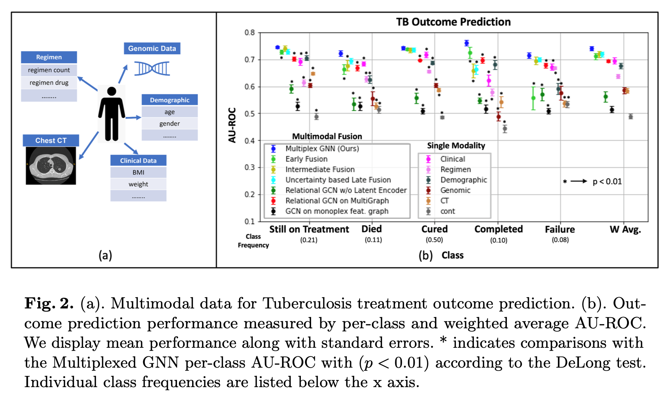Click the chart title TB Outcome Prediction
[x=453, y=22]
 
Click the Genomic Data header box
[x=152, y=49]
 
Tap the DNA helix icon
[x=152, y=68]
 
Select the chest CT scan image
[x=51, y=165]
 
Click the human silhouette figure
[x=112, y=114]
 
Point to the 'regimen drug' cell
[x=49, y=83]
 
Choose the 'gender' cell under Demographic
[x=169, y=124]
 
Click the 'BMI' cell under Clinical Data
[x=138, y=172]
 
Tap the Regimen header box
[x=49, y=57]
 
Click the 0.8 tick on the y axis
[x=250, y=33]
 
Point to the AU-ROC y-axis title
[x=232, y=125]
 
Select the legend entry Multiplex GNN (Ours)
[x=322, y=149]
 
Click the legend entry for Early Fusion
[x=306, y=159]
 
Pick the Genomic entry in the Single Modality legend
[x=455, y=190]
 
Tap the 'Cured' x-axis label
[x=434, y=229]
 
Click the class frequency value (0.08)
[x=560, y=240]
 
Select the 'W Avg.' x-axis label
[x=625, y=229]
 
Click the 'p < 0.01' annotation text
[x=607, y=182]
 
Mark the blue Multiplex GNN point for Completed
[x=467, y=43]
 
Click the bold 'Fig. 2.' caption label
[x=49, y=304]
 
